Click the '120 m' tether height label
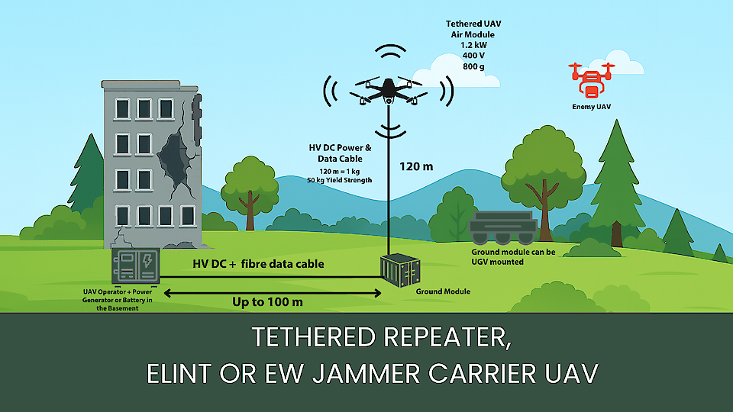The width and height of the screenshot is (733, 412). pyautogui.click(x=416, y=166)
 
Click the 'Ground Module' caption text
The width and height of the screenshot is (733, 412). pyautogui.click(x=443, y=291)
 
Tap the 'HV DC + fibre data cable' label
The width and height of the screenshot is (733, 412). pyautogui.click(x=258, y=264)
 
